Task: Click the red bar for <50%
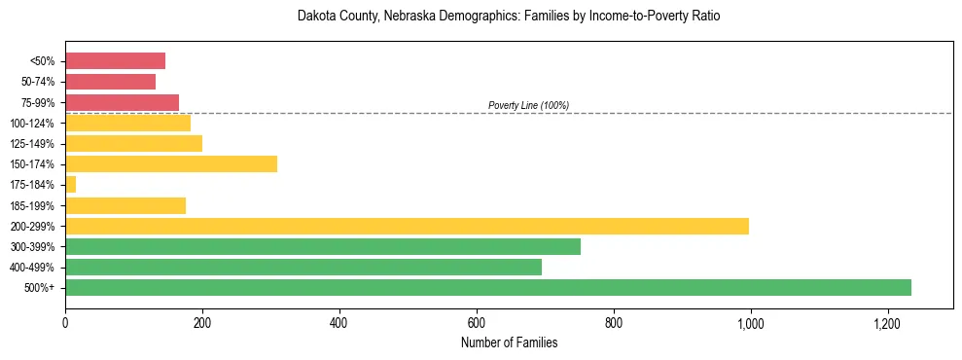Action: click(x=115, y=61)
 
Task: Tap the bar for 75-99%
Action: click(x=122, y=102)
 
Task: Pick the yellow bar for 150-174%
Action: click(x=171, y=164)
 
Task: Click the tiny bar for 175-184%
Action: click(x=70, y=185)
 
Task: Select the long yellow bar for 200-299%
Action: click(x=407, y=226)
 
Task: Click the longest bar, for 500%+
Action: click(x=488, y=288)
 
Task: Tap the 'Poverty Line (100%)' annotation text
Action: click(x=528, y=105)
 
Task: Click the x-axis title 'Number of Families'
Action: click(x=509, y=342)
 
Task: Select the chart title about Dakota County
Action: click(x=509, y=18)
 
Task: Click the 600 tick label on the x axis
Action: click(x=477, y=322)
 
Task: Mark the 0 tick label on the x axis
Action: click(x=65, y=322)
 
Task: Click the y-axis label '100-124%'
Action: click(x=32, y=124)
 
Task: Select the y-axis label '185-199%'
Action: click(x=32, y=206)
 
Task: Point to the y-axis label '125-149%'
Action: click(x=32, y=144)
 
